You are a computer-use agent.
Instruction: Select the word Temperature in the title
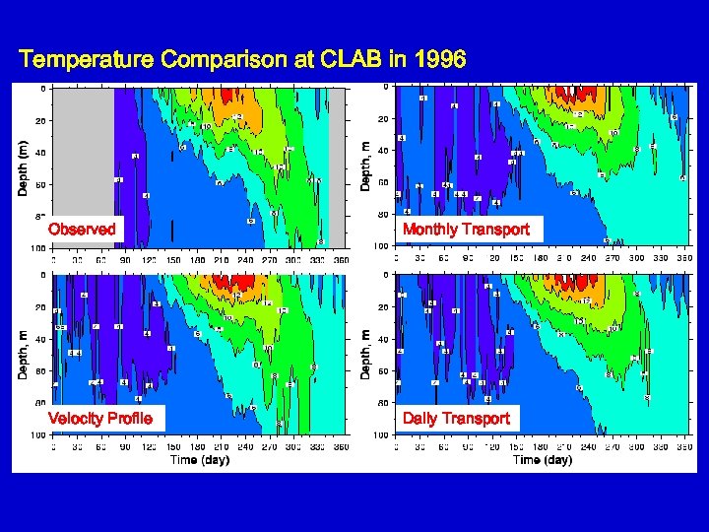point(87,59)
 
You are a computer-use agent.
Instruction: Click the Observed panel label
point(82,229)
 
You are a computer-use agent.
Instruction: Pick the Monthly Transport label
point(466,229)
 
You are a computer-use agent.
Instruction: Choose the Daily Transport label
point(455,418)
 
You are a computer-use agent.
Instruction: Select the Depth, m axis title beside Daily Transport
point(364,354)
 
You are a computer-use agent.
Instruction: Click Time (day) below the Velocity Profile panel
point(197,460)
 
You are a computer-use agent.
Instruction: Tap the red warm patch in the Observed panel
point(226,95)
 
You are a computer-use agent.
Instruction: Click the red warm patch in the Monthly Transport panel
point(568,94)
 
